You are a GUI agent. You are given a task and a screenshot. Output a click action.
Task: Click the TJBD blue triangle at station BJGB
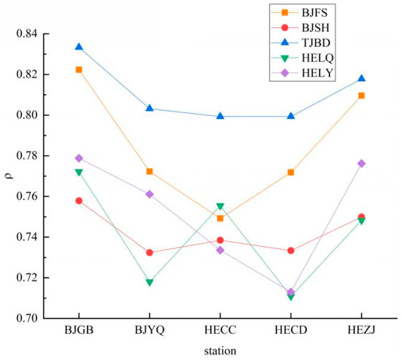click(79, 47)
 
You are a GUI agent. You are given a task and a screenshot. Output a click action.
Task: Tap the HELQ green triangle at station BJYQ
click(149, 283)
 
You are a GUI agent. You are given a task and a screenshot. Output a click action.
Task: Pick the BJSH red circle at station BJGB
click(79, 201)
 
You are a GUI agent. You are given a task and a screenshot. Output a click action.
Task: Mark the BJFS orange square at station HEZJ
click(362, 96)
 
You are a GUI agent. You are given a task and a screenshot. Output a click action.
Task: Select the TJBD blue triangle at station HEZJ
click(362, 78)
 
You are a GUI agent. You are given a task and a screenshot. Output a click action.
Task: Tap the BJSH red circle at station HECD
click(291, 250)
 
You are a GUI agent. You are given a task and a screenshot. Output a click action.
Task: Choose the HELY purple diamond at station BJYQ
click(149, 194)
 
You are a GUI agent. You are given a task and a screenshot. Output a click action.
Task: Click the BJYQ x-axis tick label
click(149, 330)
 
